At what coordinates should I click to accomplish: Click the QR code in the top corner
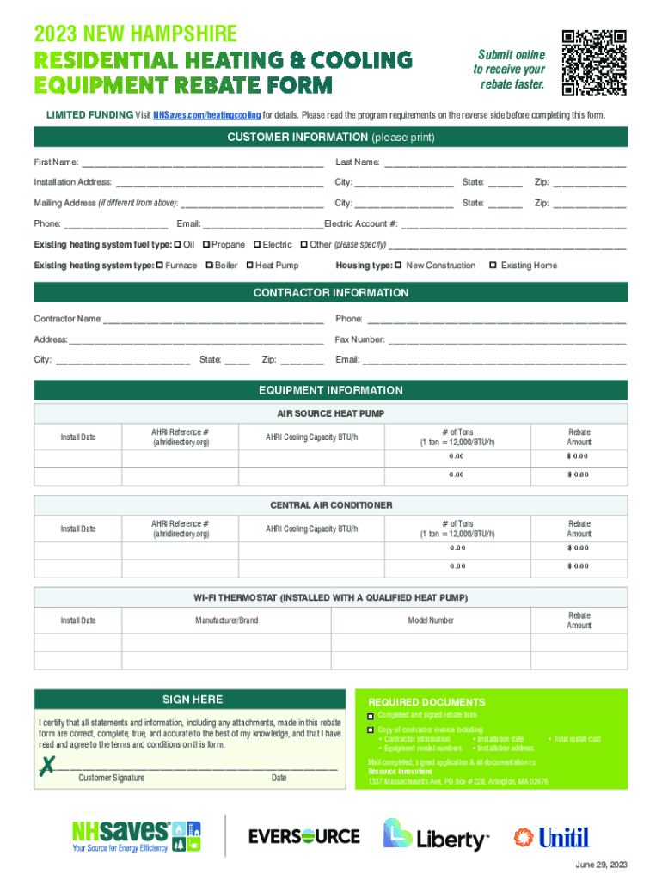(593, 63)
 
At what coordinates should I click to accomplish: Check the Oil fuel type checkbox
(177, 245)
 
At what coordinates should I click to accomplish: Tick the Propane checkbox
(206, 245)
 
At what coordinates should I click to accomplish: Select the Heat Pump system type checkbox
(248, 266)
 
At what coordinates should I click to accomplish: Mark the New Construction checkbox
(398, 266)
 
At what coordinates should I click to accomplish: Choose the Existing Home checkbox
(493, 266)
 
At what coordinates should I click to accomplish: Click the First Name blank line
(202, 163)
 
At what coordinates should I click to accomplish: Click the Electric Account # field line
(514, 225)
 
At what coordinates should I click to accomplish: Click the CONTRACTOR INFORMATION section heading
(331, 293)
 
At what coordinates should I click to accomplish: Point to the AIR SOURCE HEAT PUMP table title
(331, 413)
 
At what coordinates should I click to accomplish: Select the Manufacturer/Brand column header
(226, 620)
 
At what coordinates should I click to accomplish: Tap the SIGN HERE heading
(193, 700)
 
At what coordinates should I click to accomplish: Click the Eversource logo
(303, 835)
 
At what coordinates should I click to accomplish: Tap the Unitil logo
(552, 836)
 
